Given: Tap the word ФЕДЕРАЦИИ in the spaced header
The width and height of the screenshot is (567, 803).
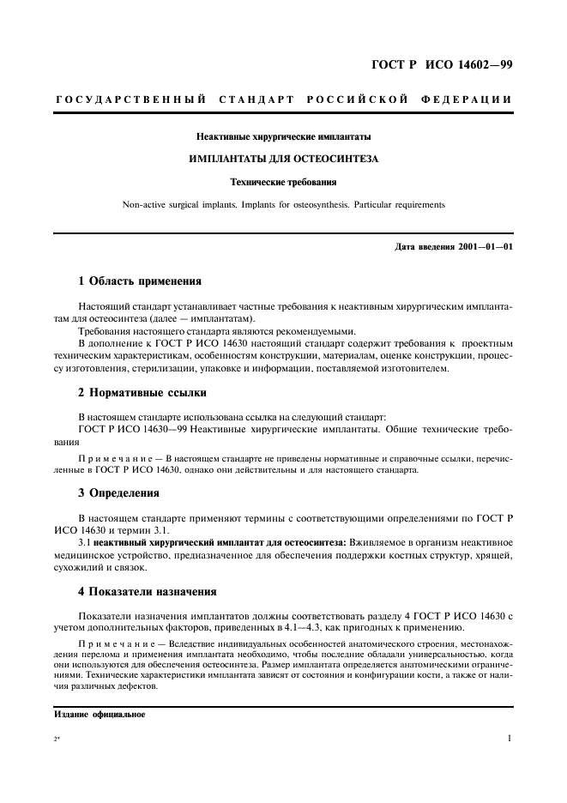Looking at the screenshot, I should pyautogui.click(x=468, y=100).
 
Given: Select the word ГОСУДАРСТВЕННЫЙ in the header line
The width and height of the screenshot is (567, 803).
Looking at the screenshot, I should pyautogui.click(x=130, y=100).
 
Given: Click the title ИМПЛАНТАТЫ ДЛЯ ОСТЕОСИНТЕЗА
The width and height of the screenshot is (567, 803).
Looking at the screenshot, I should pyautogui.click(x=283, y=159).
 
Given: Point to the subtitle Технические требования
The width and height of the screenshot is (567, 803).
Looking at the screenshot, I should pyautogui.click(x=283, y=182).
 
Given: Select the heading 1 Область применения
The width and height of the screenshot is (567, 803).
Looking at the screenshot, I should pyautogui.click(x=139, y=281).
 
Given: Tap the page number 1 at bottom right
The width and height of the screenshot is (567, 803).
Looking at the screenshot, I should pyautogui.click(x=509, y=738).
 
